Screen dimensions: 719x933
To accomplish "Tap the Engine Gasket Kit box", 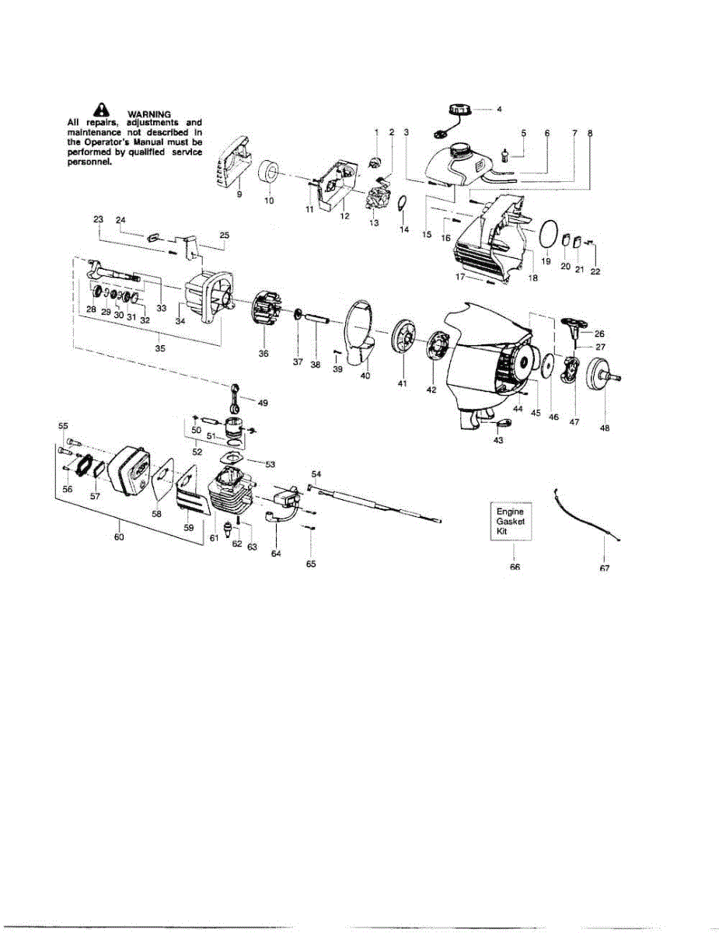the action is [x=511, y=522].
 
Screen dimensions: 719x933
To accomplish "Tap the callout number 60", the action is [x=117, y=536].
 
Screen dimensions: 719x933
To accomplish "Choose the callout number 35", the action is [x=159, y=349].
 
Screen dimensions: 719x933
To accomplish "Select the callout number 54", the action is [x=316, y=473].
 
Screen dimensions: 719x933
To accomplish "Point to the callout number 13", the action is [x=374, y=223].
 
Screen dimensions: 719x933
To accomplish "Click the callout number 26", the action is [x=599, y=334].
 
